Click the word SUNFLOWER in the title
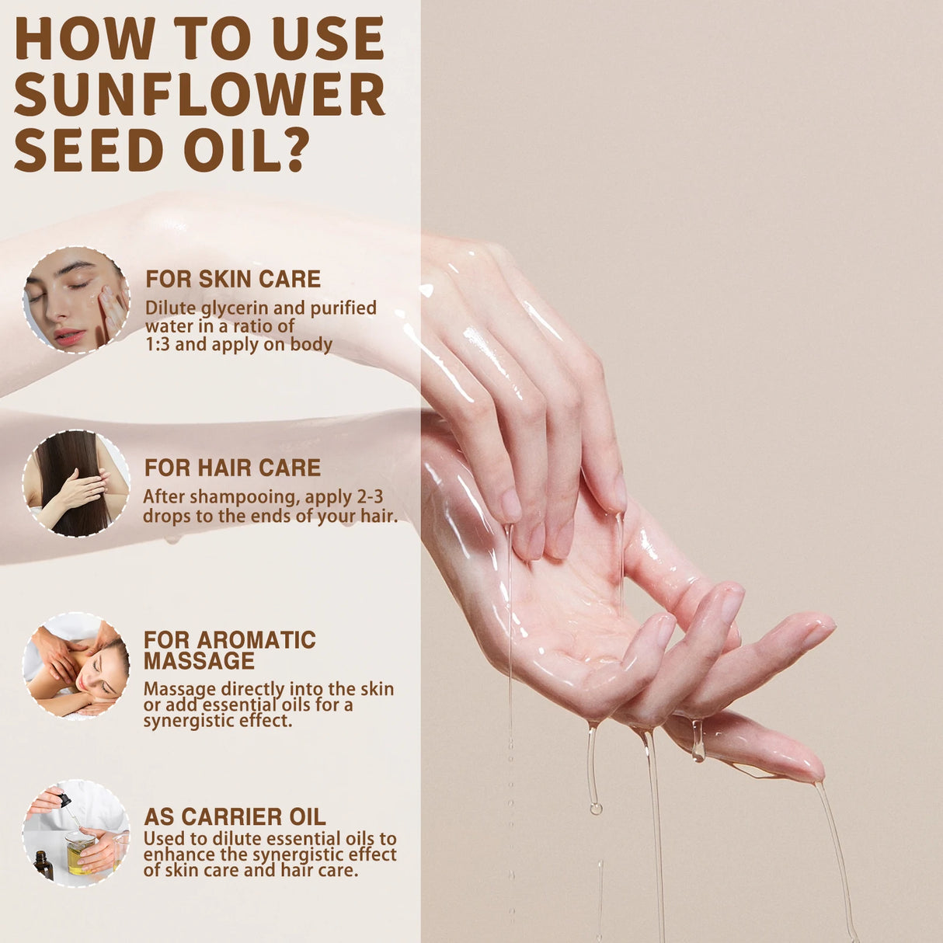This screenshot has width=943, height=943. click(199, 94)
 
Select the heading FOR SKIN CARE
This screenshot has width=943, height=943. click(233, 279)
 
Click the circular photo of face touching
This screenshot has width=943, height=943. click(76, 300)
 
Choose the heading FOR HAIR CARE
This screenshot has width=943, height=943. click(232, 468)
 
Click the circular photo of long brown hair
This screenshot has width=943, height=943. click(76, 483)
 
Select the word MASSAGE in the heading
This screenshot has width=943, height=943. click(199, 661)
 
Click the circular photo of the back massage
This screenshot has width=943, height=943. click(76, 666)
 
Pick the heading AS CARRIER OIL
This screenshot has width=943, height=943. click(235, 816)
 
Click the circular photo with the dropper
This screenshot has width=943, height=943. click(76, 833)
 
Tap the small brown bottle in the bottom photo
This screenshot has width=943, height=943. click(43, 865)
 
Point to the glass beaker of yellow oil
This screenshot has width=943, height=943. click(80, 852)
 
